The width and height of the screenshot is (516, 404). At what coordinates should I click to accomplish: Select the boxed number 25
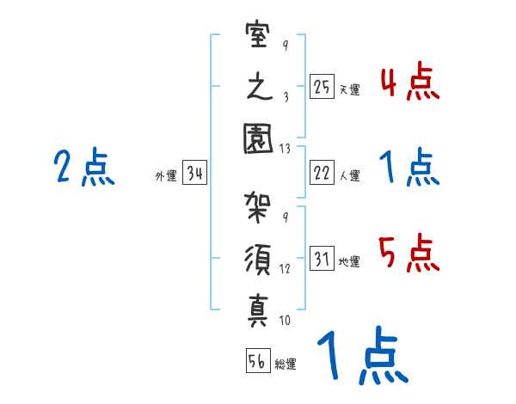tap(321, 86)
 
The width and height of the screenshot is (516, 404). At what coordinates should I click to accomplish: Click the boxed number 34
tap(195, 174)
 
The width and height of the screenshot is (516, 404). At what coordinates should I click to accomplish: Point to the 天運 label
tap(349, 89)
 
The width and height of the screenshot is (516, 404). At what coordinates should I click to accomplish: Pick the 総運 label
tap(286, 364)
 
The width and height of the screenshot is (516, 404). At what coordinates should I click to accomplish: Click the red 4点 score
tap(409, 83)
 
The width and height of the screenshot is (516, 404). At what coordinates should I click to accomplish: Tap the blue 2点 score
tap(83, 168)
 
